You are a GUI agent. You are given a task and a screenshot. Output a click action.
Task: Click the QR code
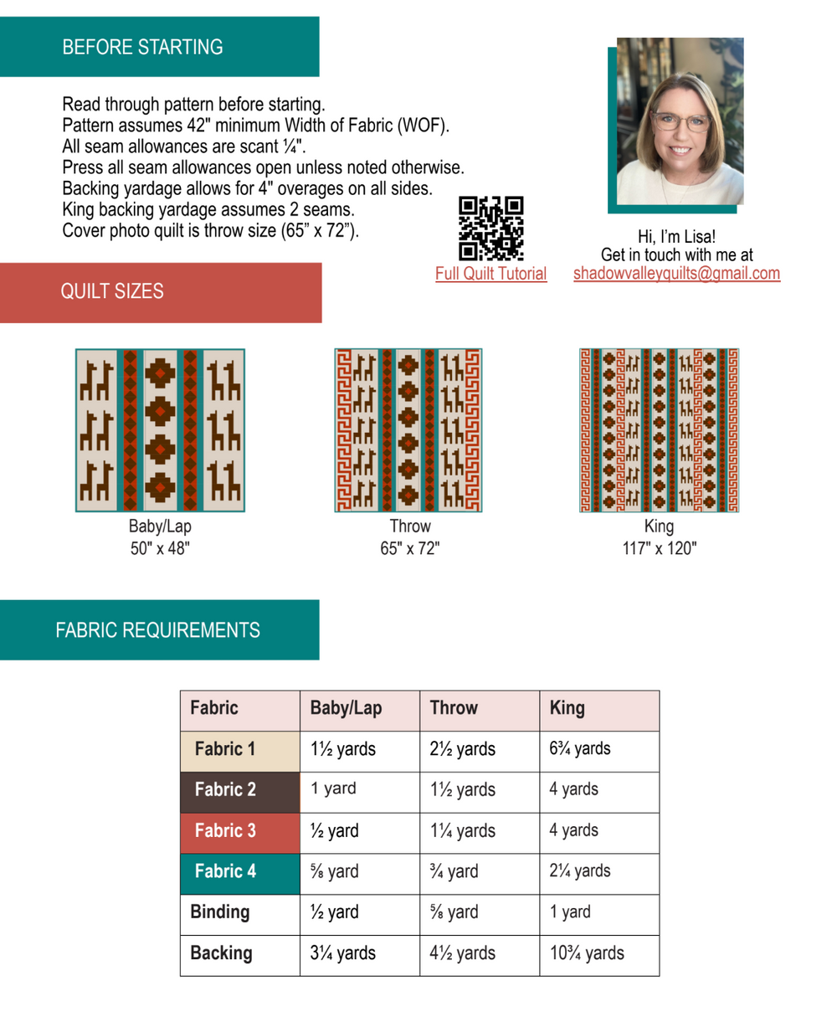tap(491, 229)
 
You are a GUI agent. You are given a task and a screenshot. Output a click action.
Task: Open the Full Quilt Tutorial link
tap(490, 274)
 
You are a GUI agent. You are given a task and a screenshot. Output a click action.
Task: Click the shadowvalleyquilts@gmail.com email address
tap(676, 274)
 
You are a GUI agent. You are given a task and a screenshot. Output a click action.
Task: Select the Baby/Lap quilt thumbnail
tap(160, 430)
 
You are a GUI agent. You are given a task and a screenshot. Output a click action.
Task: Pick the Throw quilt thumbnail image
tap(408, 430)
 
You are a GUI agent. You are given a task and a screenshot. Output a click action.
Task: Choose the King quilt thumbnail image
tap(659, 430)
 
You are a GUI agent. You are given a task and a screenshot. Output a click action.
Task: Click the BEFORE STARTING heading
tap(142, 47)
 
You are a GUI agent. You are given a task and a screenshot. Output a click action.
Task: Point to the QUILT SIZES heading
tap(112, 292)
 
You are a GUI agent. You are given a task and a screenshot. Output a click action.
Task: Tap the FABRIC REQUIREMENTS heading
tap(157, 630)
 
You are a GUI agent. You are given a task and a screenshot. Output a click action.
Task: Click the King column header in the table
tap(567, 708)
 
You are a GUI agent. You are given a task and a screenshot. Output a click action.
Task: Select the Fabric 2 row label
tap(224, 790)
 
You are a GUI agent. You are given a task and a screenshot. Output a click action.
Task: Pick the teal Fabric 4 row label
tap(224, 871)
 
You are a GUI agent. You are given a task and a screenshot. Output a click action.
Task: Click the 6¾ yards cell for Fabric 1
tap(580, 749)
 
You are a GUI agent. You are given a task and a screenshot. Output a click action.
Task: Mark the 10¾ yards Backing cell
tap(587, 953)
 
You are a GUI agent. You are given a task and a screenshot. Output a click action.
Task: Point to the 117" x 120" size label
tap(659, 549)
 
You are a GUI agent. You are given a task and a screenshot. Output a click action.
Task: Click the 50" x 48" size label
tap(160, 549)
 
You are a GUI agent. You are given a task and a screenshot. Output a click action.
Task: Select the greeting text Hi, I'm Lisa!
tap(676, 237)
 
